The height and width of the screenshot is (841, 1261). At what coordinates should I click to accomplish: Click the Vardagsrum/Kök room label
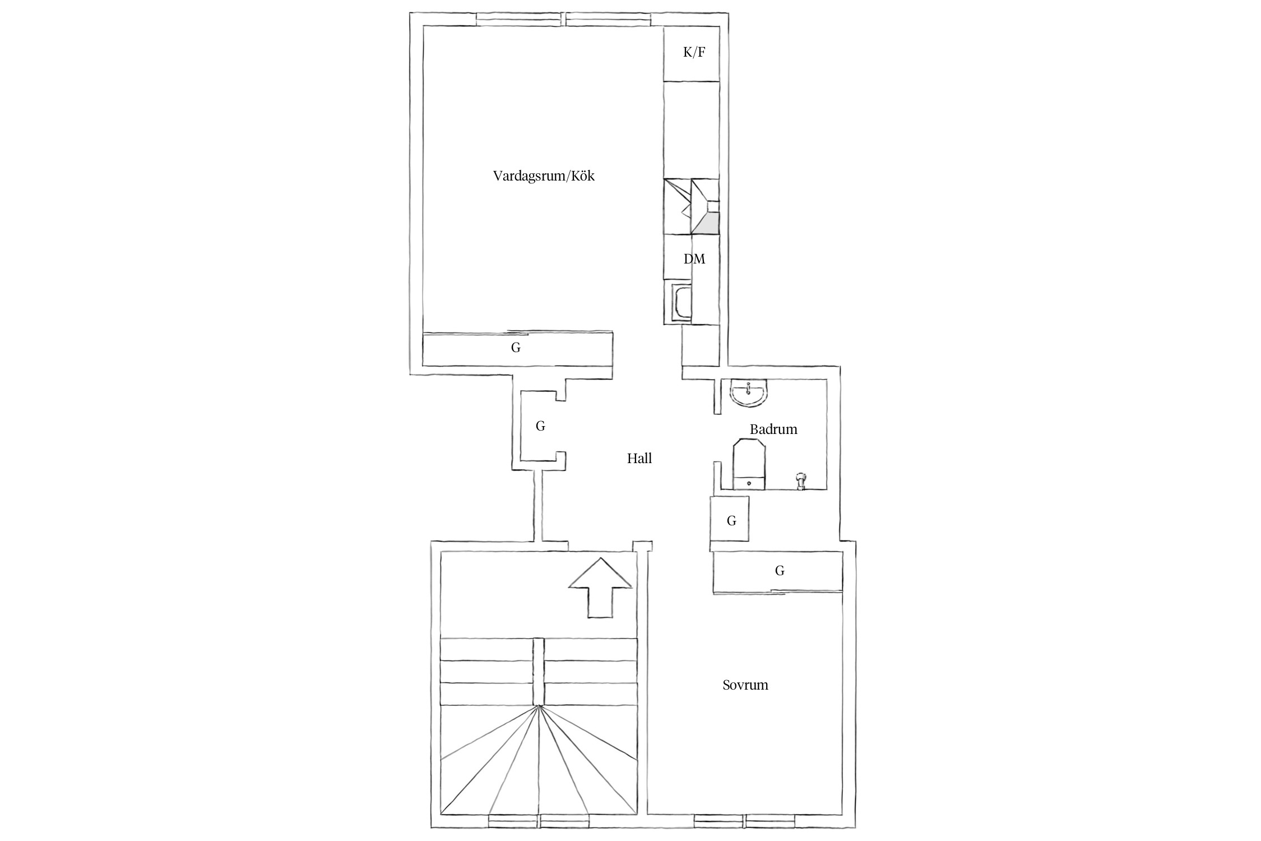tap(544, 176)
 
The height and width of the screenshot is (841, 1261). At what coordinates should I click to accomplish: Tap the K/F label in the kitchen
tap(694, 53)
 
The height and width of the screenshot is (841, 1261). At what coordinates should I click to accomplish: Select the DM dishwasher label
tap(694, 259)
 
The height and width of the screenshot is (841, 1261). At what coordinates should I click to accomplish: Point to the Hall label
tap(639, 459)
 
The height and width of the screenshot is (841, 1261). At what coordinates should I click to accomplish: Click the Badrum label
tap(773, 429)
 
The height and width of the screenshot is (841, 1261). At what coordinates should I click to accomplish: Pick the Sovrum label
tap(745, 685)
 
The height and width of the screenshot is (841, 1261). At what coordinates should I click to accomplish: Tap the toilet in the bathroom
tap(749, 465)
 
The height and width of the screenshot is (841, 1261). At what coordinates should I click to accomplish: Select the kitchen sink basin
tap(681, 303)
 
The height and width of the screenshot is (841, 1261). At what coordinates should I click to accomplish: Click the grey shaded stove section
tap(707, 223)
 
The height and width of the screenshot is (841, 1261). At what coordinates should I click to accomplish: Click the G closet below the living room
tap(516, 349)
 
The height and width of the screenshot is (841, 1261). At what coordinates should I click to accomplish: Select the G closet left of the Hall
tap(540, 426)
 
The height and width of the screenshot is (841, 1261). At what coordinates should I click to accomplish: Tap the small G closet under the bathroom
tap(730, 519)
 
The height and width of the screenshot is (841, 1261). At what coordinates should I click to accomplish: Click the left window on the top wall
tap(518, 19)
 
